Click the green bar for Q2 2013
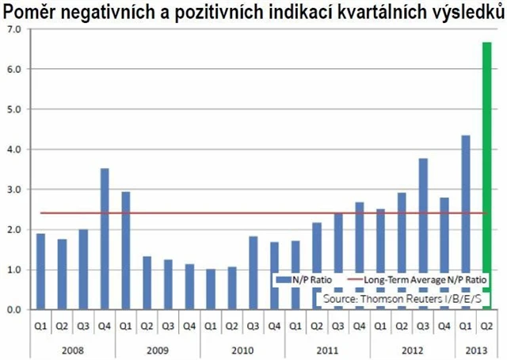486,176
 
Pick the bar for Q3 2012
423,234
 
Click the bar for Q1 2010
211,289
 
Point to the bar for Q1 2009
125,251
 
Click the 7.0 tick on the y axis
13,29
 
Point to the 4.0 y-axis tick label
13,149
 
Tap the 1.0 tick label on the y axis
13,270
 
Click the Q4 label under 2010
274,324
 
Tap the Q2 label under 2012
402,324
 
